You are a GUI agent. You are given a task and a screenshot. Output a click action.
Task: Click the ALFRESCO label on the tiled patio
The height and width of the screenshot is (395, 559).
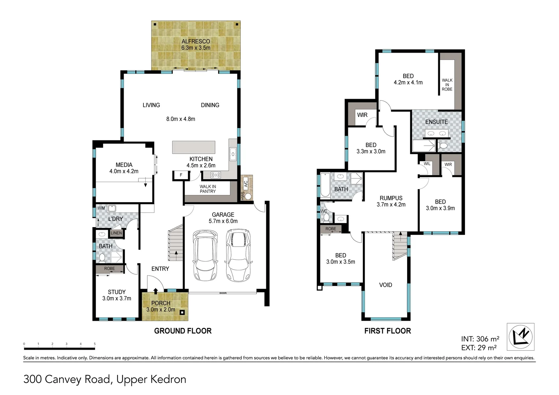(196, 41)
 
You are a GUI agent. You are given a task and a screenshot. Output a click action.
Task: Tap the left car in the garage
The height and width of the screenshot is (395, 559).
(205, 255)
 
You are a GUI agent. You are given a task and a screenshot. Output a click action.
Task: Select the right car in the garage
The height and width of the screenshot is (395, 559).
(239, 255)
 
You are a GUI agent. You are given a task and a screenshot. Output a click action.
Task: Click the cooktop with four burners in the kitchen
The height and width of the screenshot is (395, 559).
(215, 175)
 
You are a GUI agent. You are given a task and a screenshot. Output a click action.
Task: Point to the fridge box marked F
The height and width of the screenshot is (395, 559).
(181, 175)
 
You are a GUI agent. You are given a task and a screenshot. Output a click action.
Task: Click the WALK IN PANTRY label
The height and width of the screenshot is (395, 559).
(207, 189)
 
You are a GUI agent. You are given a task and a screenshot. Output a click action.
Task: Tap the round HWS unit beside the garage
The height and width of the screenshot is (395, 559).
(248, 196)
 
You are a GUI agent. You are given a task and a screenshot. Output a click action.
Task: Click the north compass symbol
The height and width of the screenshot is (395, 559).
(520, 337)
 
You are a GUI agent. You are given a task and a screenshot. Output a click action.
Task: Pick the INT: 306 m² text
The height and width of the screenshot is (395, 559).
(480, 339)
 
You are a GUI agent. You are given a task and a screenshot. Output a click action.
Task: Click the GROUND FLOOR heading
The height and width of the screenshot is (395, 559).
(183, 331)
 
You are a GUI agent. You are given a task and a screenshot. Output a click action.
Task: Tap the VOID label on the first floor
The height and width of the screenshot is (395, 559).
(385, 285)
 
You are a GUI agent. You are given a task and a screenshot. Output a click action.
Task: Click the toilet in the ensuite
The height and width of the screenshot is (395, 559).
(443, 146)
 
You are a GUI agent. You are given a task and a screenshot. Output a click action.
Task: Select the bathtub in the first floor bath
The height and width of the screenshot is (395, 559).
(325, 186)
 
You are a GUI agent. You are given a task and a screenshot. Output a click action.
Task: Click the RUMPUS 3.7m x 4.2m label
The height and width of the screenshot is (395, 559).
(391, 201)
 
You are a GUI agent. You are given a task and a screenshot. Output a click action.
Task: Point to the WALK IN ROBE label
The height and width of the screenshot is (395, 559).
(447, 84)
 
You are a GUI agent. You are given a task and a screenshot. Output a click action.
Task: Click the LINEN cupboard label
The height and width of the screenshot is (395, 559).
(116, 233)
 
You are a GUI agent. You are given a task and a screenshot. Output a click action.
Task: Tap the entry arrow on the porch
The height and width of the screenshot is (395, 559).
(155, 291)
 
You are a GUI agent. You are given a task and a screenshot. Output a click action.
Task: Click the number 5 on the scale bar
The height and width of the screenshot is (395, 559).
(95, 344)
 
